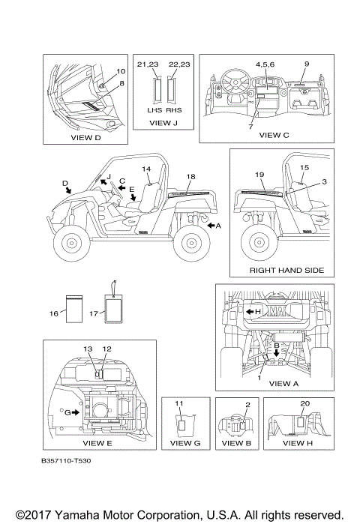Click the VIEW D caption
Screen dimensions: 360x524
point(85,138)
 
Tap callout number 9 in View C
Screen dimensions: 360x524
point(307,64)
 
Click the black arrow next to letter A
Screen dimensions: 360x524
point(211,226)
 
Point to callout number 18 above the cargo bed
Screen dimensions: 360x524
point(190,176)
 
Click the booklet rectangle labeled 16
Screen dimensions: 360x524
point(74,309)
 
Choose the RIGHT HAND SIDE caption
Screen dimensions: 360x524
point(286,270)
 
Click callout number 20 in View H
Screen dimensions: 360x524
point(304,403)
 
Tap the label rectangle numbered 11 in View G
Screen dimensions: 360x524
point(181,425)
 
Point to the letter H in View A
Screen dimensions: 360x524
point(258,311)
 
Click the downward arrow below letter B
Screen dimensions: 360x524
point(276,352)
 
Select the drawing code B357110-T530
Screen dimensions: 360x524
point(66,461)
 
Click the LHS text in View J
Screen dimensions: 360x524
point(154,110)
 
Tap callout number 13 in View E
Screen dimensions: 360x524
point(88,349)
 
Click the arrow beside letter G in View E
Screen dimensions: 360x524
point(76,412)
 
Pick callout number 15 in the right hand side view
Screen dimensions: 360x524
point(304,167)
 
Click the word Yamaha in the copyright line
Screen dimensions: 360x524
point(76,515)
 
